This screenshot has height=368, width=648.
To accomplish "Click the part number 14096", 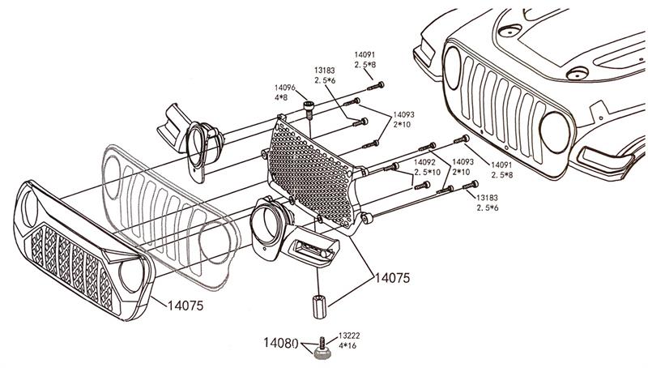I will tap(283, 88).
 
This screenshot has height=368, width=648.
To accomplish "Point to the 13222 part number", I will tap(350, 333).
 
